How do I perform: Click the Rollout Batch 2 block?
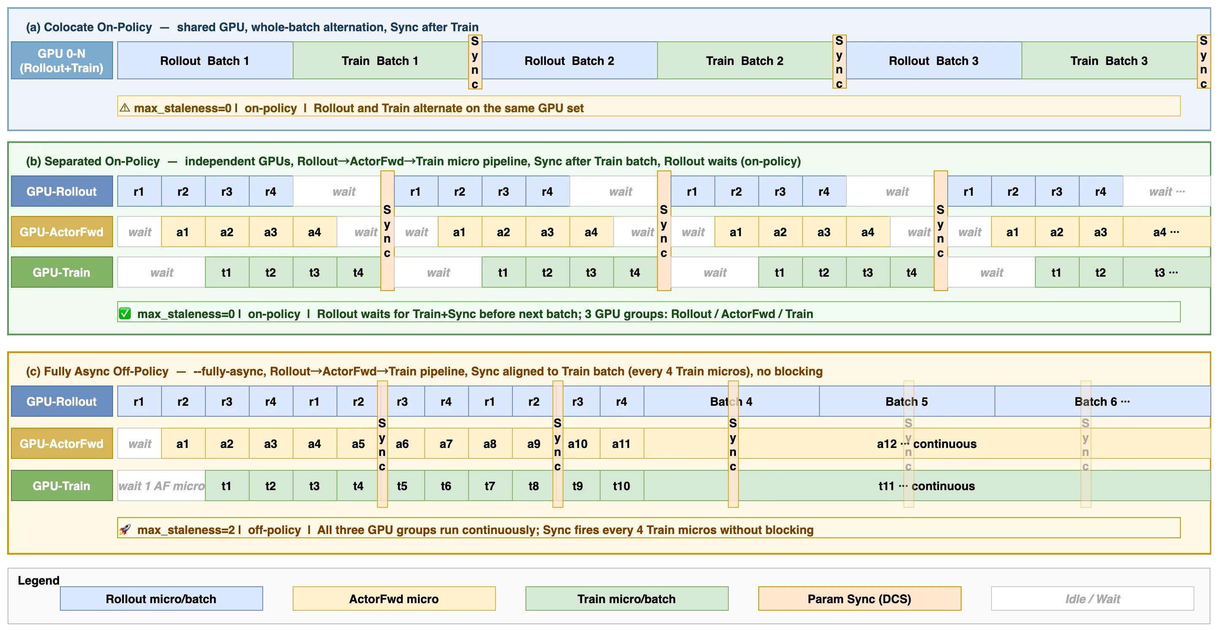(x=569, y=61)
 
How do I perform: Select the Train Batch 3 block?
(x=1109, y=61)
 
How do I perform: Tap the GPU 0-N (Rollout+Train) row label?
(x=62, y=61)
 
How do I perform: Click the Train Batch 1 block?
(x=380, y=61)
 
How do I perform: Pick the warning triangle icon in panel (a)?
(x=125, y=108)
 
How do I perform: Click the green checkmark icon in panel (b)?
(x=125, y=314)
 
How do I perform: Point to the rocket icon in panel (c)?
(x=125, y=529)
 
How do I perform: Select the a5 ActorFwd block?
(x=358, y=444)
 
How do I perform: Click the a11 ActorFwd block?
(x=621, y=444)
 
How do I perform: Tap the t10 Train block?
(x=621, y=486)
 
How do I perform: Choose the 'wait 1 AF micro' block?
(x=161, y=486)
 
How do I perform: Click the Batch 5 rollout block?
(x=907, y=402)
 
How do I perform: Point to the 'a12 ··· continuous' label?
(x=927, y=444)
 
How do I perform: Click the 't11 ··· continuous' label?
(x=927, y=486)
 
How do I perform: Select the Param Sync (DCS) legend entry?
(x=860, y=599)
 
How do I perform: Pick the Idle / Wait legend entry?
(x=1093, y=599)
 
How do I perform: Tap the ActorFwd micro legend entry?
(x=394, y=599)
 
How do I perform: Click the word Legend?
(x=38, y=580)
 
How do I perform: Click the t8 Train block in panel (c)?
(x=534, y=486)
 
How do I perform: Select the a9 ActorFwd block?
(x=534, y=444)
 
